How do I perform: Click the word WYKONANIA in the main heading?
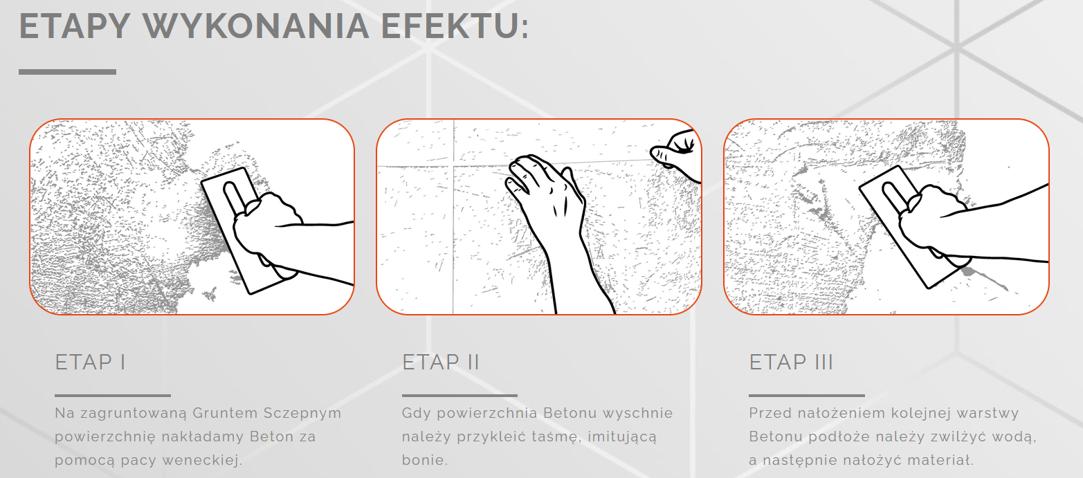click(256, 26)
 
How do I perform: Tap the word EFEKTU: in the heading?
click(455, 26)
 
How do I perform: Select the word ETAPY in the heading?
click(75, 26)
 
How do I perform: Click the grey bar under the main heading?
click(67, 72)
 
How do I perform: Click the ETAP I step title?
click(91, 362)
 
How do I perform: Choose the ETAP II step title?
click(440, 362)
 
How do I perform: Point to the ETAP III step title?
click(791, 362)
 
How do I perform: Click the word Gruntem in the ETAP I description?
click(225, 413)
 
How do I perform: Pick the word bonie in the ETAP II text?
click(424, 460)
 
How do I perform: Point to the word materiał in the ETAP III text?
click(940, 460)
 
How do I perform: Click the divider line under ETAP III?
click(806, 396)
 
